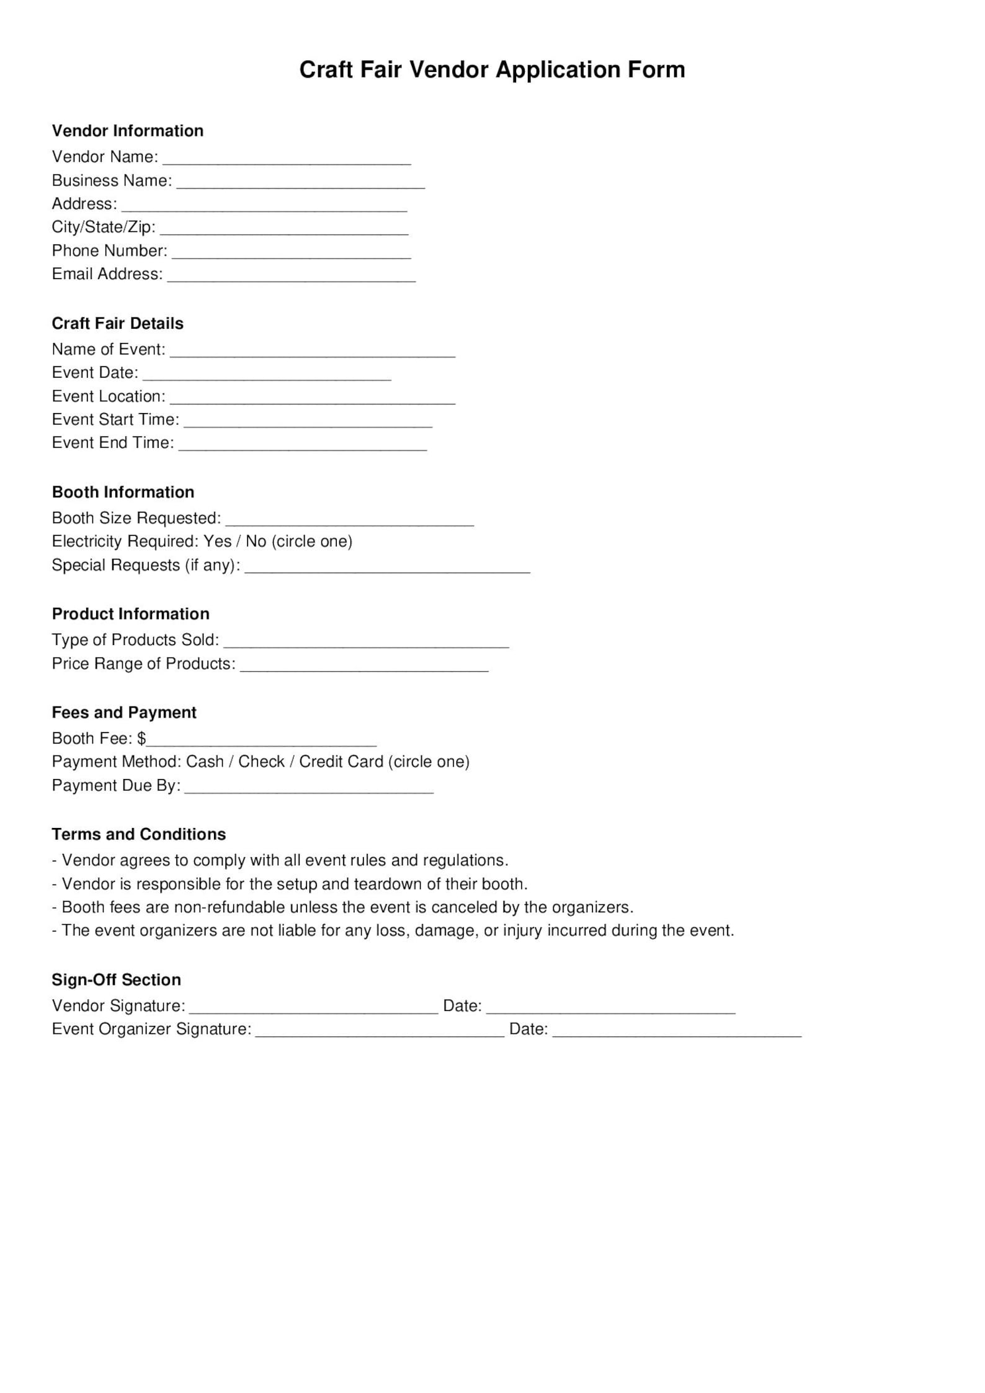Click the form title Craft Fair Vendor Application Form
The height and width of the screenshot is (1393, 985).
pos(492,69)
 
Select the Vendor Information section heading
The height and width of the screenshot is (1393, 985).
pos(127,131)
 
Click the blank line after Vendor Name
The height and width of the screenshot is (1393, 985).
pos(287,159)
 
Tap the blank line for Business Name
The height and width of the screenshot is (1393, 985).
pos(300,183)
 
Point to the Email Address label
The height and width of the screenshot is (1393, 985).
pos(107,274)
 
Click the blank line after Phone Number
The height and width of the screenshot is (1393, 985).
pos(292,253)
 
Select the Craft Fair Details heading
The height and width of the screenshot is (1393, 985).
pos(117,324)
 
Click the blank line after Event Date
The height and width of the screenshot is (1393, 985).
pos(267,375)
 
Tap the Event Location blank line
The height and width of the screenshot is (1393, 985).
pos(313,399)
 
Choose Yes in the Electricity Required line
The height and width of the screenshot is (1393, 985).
pos(217,541)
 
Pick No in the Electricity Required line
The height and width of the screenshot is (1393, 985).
pos(256,541)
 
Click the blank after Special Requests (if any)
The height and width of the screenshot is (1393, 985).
pos(387,568)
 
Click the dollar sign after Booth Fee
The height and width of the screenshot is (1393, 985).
pos(141,739)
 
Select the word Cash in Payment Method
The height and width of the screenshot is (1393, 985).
pos(205,762)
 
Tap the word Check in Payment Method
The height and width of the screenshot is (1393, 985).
pos(261,762)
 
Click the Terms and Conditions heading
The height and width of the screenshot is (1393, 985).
pos(138,834)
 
